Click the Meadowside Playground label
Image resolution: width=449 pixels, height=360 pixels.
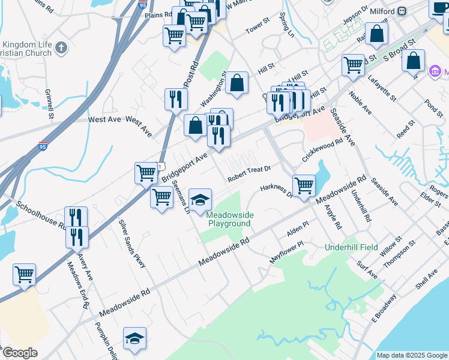point(230,219)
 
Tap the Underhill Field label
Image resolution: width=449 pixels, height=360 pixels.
point(352,247)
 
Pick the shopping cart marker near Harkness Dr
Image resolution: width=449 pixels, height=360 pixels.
point(304,185)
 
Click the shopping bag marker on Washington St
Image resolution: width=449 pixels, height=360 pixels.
point(237,83)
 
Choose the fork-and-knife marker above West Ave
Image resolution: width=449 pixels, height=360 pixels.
point(175,99)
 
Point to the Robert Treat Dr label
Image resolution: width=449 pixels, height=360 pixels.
point(249,174)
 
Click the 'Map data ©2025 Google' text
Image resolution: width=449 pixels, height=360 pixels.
point(411,355)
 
